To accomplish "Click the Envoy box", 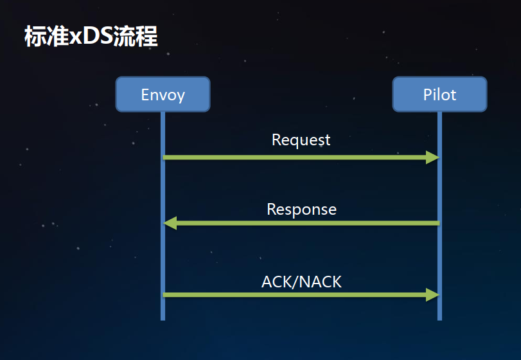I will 163,94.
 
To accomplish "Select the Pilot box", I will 439,94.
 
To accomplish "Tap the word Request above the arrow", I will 301,139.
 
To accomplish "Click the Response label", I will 301,209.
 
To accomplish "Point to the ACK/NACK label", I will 301,281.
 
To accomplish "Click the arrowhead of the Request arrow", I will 432,157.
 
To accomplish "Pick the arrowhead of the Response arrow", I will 170,223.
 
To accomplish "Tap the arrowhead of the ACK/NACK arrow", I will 432,294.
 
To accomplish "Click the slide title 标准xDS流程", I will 91,37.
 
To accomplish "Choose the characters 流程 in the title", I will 135,37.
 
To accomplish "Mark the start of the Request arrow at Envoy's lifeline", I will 164,157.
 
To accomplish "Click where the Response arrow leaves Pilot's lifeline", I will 439,223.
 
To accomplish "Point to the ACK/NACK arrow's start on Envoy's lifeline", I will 164,294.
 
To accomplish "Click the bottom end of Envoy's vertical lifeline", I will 163,318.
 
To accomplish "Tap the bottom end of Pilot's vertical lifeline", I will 439,318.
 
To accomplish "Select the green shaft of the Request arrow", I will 296,157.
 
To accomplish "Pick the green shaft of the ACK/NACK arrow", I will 296,294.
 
